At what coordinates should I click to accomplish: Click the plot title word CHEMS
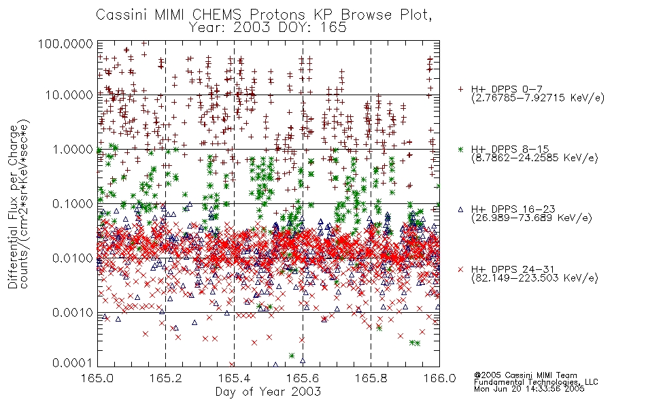[x=218, y=15]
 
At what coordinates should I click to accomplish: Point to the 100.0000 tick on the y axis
[x=65, y=44]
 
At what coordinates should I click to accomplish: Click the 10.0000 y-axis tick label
[x=69, y=95]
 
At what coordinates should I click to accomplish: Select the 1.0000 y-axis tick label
[x=73, y=149]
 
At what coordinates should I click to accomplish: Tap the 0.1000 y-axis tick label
[x=73, y=203]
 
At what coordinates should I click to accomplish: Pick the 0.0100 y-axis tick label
[x=73, y=258]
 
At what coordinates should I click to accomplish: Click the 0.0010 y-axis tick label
[x=73, y=313]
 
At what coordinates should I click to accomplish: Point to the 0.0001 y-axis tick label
[x=73, y=363]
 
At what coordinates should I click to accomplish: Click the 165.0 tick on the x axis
[x=98, y=378]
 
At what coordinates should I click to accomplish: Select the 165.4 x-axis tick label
[x=234, y=378]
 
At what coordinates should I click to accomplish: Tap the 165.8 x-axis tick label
[x=371, y=378]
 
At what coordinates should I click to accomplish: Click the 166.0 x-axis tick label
[x=439, y=378]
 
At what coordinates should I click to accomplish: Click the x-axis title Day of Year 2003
[x=268, y=391]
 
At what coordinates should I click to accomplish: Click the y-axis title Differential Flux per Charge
[x=13, y=207]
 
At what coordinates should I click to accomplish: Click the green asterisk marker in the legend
[x=460, y=149]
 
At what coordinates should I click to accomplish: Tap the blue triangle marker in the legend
[x=460, y=209]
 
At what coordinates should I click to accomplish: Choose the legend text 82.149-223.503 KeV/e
[x=534, y=278]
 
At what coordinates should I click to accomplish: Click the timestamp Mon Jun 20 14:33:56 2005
[x=529, y=389]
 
